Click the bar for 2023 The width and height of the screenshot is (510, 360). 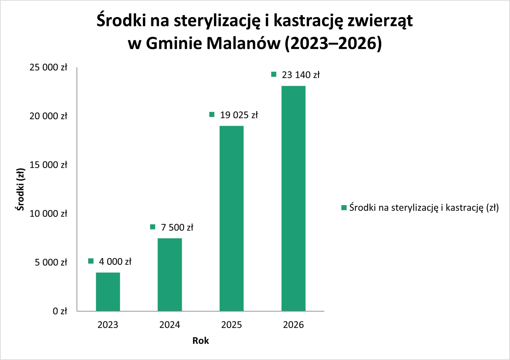[x=108, y=292]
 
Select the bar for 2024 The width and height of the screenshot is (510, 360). [x=170, y=274]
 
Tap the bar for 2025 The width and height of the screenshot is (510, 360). [x=232, y=218]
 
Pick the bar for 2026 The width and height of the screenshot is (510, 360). [x=293, y=198]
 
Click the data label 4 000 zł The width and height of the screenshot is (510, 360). [x=115, y=262]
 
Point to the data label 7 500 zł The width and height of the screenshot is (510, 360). [x=177, y=227]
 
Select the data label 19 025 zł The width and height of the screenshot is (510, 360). [x=239, y=115]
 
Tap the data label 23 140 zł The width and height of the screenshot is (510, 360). [x=301, y=75]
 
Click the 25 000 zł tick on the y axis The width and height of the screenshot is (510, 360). [x=48, y=67]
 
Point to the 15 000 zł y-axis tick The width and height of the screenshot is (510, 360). [x=48, y=165]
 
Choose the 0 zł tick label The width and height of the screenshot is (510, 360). [x=60, y=311]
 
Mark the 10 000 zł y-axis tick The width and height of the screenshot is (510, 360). [x=48, y=214]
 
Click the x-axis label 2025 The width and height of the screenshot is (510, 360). [x=232, y=325]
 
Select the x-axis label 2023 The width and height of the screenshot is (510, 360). [x=108, y=325]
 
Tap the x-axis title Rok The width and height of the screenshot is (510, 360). [x=201, y=340]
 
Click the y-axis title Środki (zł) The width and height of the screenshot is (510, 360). [x=20, y=189]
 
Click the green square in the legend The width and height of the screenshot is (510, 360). [x=344, y=208]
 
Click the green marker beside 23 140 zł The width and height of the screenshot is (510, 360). [x=274, y=74]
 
